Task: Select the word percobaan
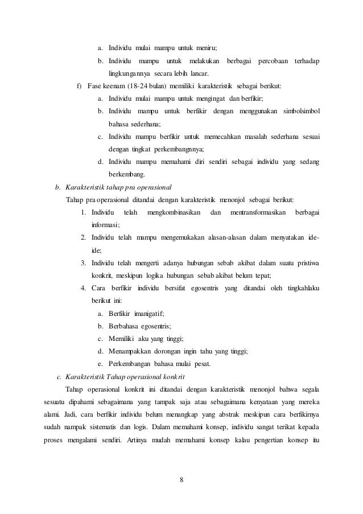tap(273, 61)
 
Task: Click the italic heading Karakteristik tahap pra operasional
tap(118, 187)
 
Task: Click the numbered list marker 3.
tap(83, 262)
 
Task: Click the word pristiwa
tap(306, 262)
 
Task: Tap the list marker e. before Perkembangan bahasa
tap(100, 363)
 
